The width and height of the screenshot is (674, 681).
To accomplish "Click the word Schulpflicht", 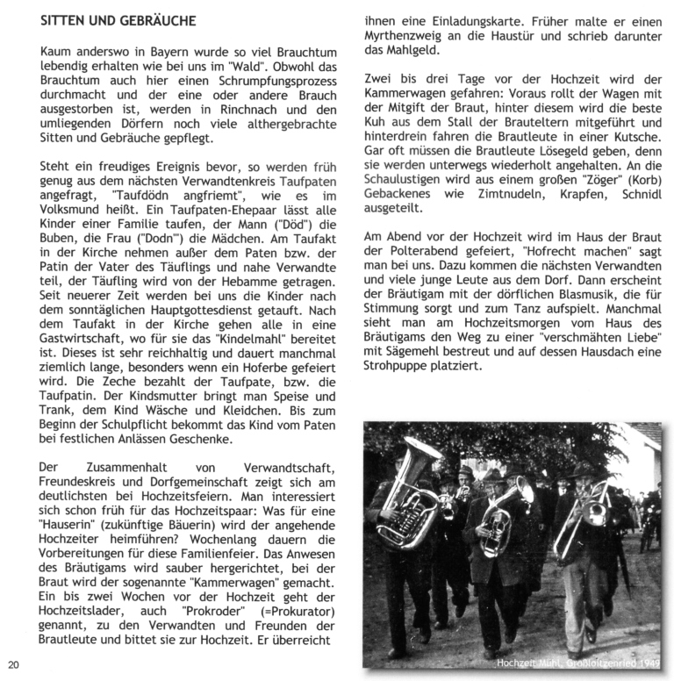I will point(123,425).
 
